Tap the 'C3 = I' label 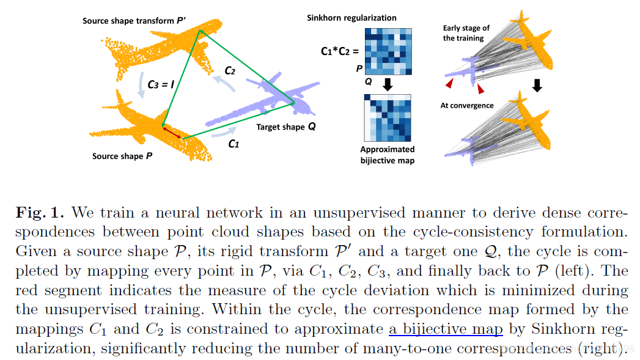(x=161, y=86)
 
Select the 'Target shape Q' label (x=286, y=128)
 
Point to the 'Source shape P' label (x=122, y=156)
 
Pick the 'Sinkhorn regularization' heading (x=351, y=18)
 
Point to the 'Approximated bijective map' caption (x=387, y=154)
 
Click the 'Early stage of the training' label (x=466, y=33)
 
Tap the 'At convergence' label (x=467, y=105)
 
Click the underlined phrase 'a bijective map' (x=446, y=329)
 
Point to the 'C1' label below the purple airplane (x=234, y=144)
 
